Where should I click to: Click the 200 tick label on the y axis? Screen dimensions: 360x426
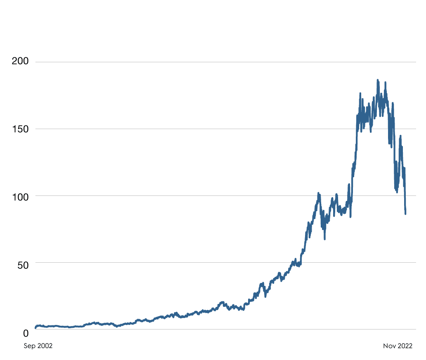click(x=20, y=61)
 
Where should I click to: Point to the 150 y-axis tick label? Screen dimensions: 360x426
click(x=20, y=129)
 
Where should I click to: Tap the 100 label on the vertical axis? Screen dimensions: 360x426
click(x=20, y=196)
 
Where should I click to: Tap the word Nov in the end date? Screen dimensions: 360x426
click(x=390, y=346)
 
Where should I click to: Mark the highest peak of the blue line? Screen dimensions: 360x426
click(x=377, y=80)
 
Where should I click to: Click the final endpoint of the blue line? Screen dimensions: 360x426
click(x=405, y=214)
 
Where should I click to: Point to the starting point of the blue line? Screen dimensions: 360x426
click(x=35, y=328)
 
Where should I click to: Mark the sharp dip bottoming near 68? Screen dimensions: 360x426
click(x=324, y=238)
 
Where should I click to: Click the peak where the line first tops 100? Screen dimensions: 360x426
click(x=318, y=193)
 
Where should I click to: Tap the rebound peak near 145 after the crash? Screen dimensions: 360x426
click(x=400, y=136)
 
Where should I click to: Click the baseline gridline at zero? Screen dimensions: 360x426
click(x=206, y=329)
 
